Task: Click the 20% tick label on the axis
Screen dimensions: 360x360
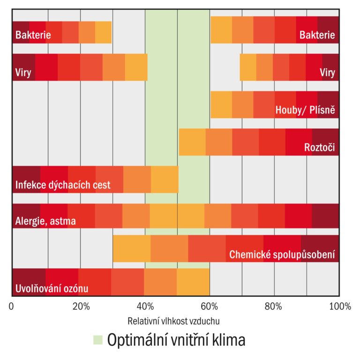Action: [81, 307]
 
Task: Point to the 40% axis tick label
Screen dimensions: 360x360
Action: [146, 307]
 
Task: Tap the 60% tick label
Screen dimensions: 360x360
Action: [210, 307]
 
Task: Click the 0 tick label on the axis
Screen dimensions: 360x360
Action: [12, 307]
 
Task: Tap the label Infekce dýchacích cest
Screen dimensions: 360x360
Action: [63, 185]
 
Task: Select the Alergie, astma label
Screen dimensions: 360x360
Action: [45, 221]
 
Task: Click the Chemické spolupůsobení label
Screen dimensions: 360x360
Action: [282, 255]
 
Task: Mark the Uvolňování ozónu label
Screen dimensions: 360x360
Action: [52, 288]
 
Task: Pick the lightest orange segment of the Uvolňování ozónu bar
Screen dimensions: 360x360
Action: [193, 282]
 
